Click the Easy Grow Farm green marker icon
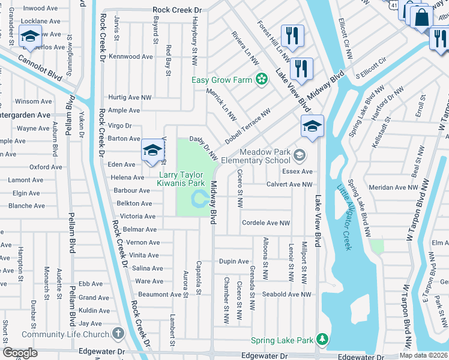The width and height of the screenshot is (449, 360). (261, 79)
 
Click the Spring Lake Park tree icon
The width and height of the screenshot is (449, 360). (322, 340)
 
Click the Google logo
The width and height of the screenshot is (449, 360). (20, 353)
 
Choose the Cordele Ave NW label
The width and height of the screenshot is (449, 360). (265, 223)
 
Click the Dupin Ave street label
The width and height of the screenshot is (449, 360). (234, 261)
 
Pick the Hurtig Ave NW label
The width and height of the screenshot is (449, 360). (130, 97)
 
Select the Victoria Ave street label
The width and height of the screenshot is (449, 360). (137, 216)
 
